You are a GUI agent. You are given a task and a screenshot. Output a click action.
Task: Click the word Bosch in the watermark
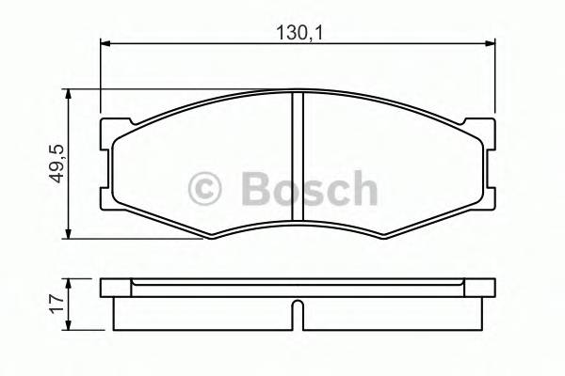click(309, 189)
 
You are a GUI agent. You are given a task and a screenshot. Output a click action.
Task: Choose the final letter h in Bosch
click(363, 189)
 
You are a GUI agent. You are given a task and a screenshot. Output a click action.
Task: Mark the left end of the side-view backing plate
click(104, 288)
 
